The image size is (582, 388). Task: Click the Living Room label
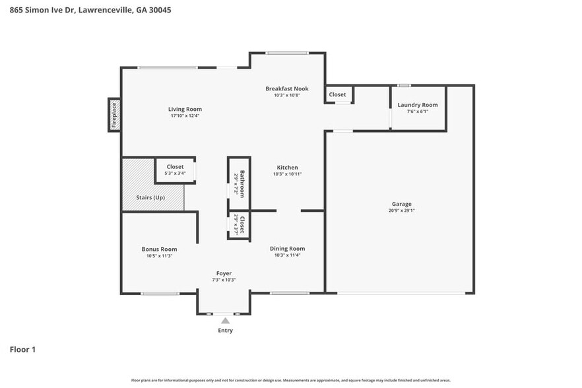pos(185,109)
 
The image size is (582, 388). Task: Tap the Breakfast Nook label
pos(286,88)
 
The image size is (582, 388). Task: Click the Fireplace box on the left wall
pos(114,114)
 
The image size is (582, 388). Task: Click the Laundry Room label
pos(417,105)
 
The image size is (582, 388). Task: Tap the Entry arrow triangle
pos(225,321)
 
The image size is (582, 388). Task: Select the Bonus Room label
pos(159,249)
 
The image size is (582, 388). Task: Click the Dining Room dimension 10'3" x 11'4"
pos(287,255)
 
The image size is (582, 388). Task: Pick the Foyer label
pos(224,273)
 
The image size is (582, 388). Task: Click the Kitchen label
pos(287,168)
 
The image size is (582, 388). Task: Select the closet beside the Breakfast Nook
pos(337,95)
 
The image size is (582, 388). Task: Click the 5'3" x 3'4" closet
pos(175,170)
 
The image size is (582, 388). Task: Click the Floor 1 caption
pos(22,349)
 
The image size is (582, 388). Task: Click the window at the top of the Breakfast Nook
pos(287,53)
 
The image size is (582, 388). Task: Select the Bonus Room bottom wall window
pos(160,293)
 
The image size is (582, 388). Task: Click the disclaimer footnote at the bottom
pos(291,380)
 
